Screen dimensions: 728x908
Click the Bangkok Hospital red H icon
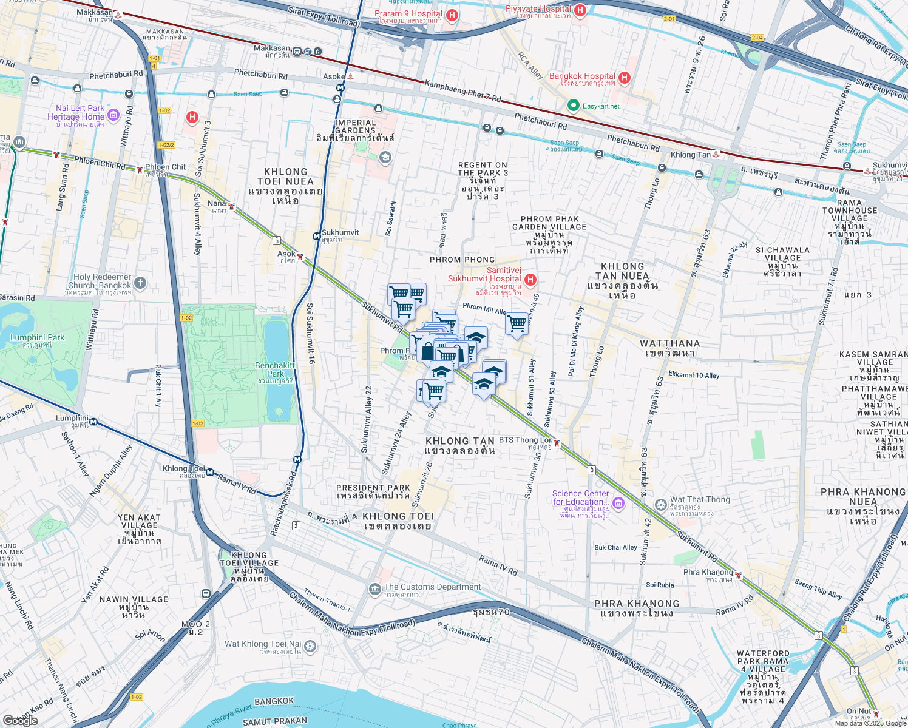pyautogui.click(x=625, y=78)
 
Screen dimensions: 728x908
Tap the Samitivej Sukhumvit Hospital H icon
pyautogui.click(x=530, y=280)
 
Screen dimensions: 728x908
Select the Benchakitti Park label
pyautogui.click(x=276, y=369)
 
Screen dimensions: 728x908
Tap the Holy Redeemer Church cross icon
pyautogui.click(x=140, y=283)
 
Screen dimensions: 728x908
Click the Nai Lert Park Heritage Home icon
pyautogui.click(x=113, y=115)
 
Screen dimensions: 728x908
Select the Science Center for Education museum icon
pyautogui.click(x=618, y=503)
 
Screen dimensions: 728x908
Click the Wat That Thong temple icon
pyautogui.click(x=661, y=505)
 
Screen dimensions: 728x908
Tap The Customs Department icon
pyautogui.click(x=374, y=589)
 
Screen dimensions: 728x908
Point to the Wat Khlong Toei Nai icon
pyautogui.click(x=310, y=646)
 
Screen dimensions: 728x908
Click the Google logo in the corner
pyautogui.click(x=20, y=720)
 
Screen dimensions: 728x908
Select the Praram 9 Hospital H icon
pyautogui.click(x=452, y=15)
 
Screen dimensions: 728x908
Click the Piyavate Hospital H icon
pyautogui.click(x=580, y=10)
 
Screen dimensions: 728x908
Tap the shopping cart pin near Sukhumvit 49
pyautogui.click(x=517, y=324)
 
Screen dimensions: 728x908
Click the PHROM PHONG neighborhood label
pyautogui.click(x=462, y=260)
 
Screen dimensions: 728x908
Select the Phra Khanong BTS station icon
pyautogui.click(x=738, y=575)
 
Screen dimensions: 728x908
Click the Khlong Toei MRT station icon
pyautogui.click(x=210, y=471)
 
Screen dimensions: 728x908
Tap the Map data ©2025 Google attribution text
pyautogui.click(x=870, y=723)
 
